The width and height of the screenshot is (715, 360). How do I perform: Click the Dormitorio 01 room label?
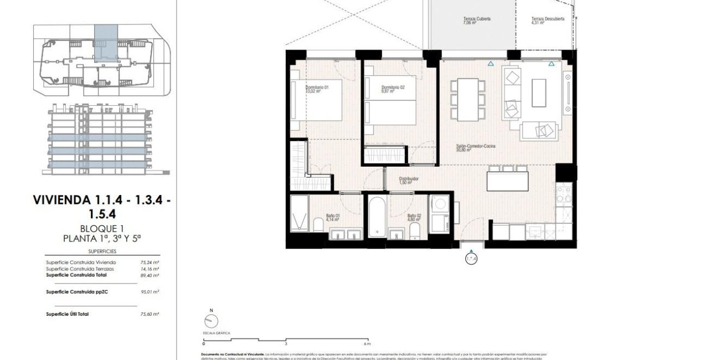(x=317, y=88)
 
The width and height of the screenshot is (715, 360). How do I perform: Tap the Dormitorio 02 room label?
(x=393, y=88)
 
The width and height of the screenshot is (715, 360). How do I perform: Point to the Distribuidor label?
(x=409, y=179)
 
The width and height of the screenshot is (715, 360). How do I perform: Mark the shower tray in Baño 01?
(x=299, y=213)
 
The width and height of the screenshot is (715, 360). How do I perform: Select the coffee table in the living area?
(x=538, y=93)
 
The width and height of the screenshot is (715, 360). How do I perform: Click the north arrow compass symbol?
(x=211, y=321)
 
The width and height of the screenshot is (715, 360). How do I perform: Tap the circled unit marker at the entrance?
(x=471, y=258)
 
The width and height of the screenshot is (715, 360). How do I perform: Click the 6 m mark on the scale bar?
(x=367, y=343)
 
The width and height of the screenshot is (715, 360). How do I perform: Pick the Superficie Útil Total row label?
(x=67, y=314)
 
